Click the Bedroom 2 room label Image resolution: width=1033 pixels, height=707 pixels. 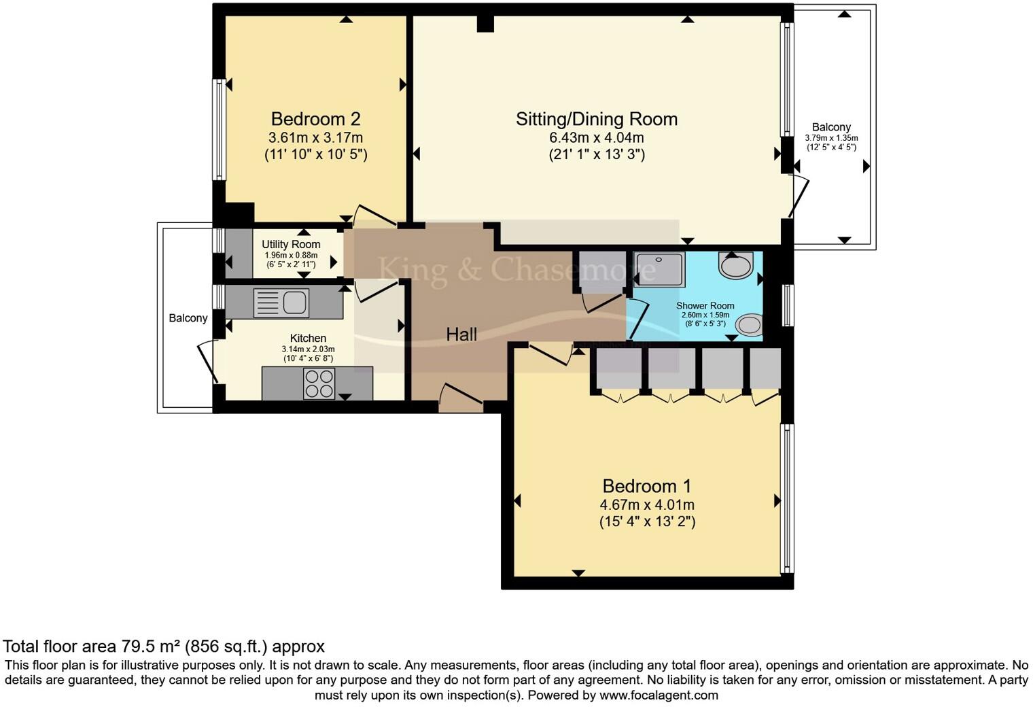(x=315, y=119)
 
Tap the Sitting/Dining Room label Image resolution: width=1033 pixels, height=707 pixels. (x=596, y=119)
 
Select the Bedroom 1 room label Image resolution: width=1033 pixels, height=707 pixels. (x=646, y=486)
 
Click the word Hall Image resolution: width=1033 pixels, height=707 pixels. (x=461, y=334)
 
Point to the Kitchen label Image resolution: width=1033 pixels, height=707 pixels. (x=308, y=338)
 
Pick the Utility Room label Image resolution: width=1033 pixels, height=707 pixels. (x=291, y=244)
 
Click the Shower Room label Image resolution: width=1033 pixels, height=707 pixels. (x=705, y=306)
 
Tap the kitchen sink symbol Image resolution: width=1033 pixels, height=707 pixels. (x=281, y=303)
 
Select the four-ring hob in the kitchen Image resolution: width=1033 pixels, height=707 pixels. (x=319, y=383)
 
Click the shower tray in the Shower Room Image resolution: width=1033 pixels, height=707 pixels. (x=660, y=269)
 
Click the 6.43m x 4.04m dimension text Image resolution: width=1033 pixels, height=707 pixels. (x=596, y=137)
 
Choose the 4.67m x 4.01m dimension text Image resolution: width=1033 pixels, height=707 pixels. (x=646, y=504)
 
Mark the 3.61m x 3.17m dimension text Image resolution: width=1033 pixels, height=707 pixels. (x=315, y=137)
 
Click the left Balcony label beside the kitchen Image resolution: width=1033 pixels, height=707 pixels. (x=188, y=318)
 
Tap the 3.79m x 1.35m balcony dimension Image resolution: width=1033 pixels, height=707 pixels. (x=831, y=138)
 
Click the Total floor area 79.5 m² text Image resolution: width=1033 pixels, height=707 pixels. (x=163, y=646)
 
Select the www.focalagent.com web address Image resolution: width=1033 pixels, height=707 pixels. (x=659, y=695)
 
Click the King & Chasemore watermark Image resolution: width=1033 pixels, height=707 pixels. (x=516, y=269)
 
